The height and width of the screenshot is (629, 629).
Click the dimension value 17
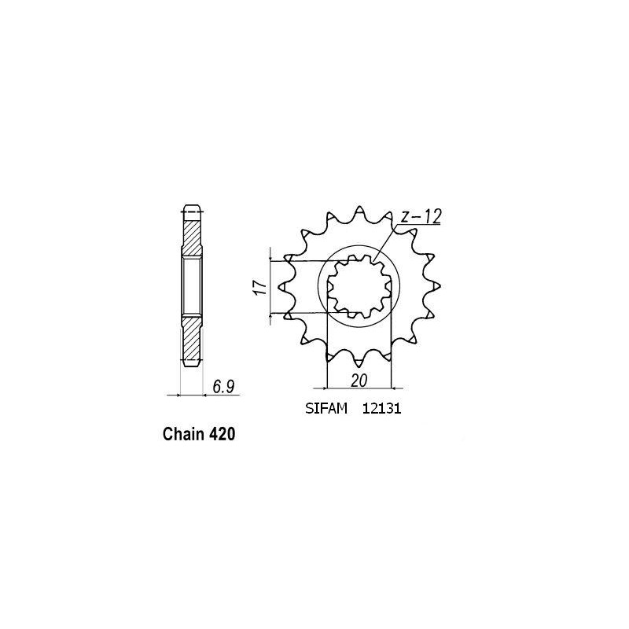(259, 287)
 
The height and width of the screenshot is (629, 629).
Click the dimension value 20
(360, 379)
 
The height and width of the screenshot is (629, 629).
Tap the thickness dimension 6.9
(223, 385)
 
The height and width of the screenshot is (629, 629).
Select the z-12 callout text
(419, 215)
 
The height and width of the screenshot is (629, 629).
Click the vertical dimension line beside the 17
(271, 287)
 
